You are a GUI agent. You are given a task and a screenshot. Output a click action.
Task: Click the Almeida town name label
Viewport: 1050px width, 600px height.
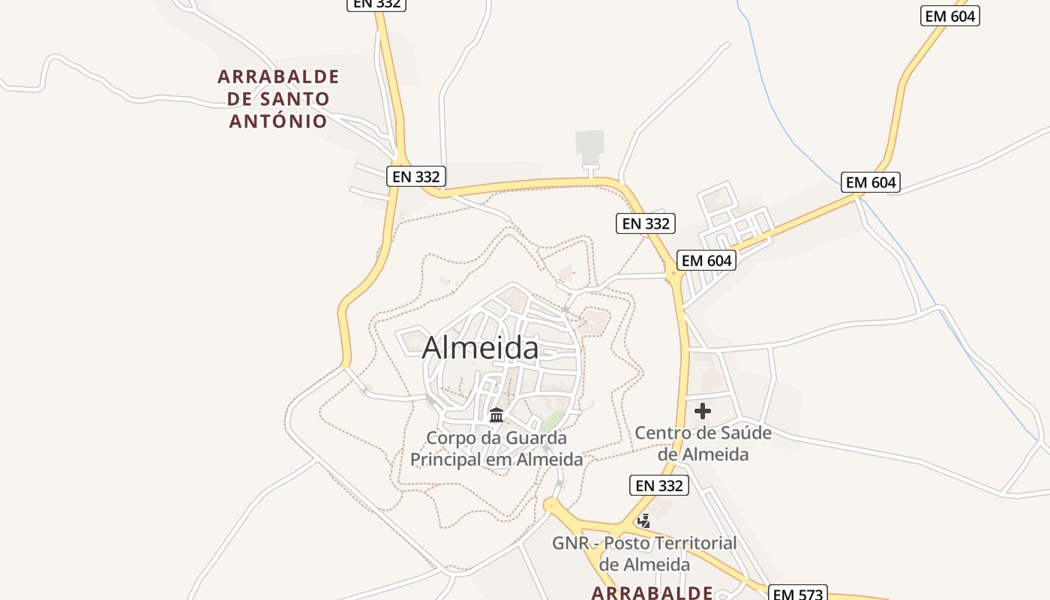click(x=480, y=348)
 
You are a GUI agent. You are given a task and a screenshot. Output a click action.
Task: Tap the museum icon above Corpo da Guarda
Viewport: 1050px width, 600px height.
click(x=496, y=415)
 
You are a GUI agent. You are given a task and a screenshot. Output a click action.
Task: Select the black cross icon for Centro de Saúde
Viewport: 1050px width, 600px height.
click(x=703, y=411)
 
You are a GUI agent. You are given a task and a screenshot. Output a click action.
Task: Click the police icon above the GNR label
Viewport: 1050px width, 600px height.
click(x=643, y=520)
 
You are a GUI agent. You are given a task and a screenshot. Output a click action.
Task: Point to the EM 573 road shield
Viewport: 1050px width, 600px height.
click(x=799, y=594)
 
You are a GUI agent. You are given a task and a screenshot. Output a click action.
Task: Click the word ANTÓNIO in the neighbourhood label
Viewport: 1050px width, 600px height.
click(x=278, y=121)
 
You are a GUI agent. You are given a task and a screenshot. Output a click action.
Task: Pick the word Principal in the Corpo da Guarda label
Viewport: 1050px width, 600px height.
click(x=445, y=459)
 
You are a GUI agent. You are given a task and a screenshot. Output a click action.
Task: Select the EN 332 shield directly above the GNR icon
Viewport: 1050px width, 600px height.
click(x=659, y=485)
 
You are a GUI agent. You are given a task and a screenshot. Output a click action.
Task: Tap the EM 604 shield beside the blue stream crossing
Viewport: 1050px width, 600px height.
click(x=870, y=182)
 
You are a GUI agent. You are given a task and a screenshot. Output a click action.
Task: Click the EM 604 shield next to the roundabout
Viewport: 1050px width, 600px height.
click(x=706, y=260)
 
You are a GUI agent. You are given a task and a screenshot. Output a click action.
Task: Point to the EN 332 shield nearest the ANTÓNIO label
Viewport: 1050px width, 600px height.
click(x=416, y=176)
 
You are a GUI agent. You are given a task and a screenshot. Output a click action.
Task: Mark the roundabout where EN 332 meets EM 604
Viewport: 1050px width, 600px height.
click(x=674, y=277)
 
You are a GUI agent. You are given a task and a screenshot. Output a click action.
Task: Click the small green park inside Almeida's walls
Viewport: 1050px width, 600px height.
click(x=551, y=421)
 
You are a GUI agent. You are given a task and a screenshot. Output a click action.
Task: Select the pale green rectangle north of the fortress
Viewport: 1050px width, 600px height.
click(x=589, y=142)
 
